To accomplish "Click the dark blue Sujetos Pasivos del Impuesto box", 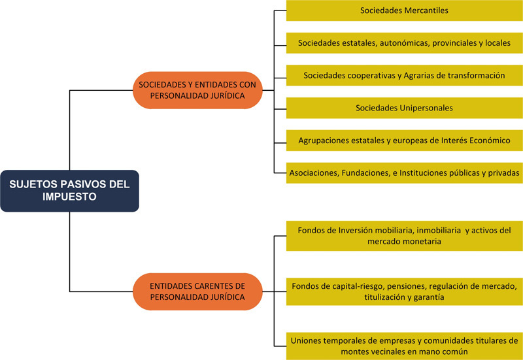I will click(69, 190).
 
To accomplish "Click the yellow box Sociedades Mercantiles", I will click(404, 10).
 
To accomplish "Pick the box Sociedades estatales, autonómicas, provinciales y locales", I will click(404, 43).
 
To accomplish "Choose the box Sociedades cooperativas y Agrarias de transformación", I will click(404, 75).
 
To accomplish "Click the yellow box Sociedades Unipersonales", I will click(404, 108).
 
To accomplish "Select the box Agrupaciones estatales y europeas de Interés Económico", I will click(404, 140).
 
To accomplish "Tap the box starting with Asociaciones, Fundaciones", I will click(404, 172).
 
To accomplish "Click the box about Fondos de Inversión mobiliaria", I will click(404, 236).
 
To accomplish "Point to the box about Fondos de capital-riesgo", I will click(404, 291).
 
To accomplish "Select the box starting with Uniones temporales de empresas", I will click(404, 346).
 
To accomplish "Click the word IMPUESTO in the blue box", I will click(69, 197).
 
